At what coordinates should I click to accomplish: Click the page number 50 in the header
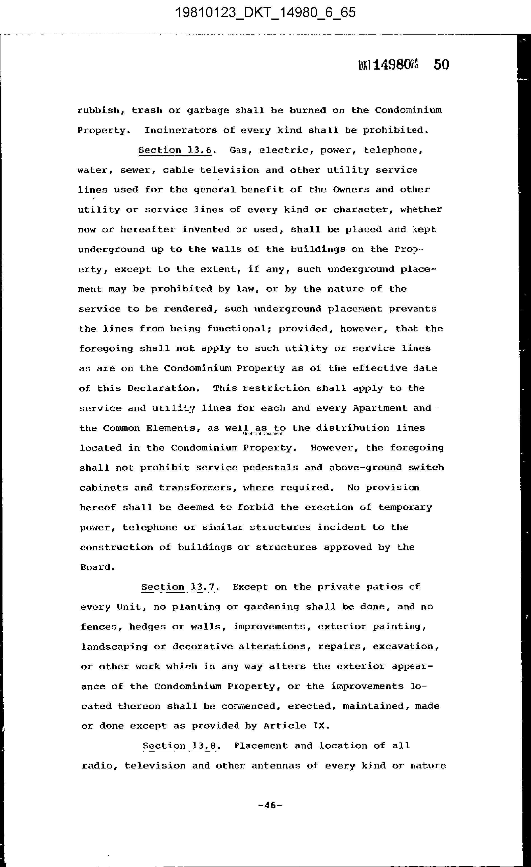441,65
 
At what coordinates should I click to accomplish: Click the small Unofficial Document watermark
262,433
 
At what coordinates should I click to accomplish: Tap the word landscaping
114,646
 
